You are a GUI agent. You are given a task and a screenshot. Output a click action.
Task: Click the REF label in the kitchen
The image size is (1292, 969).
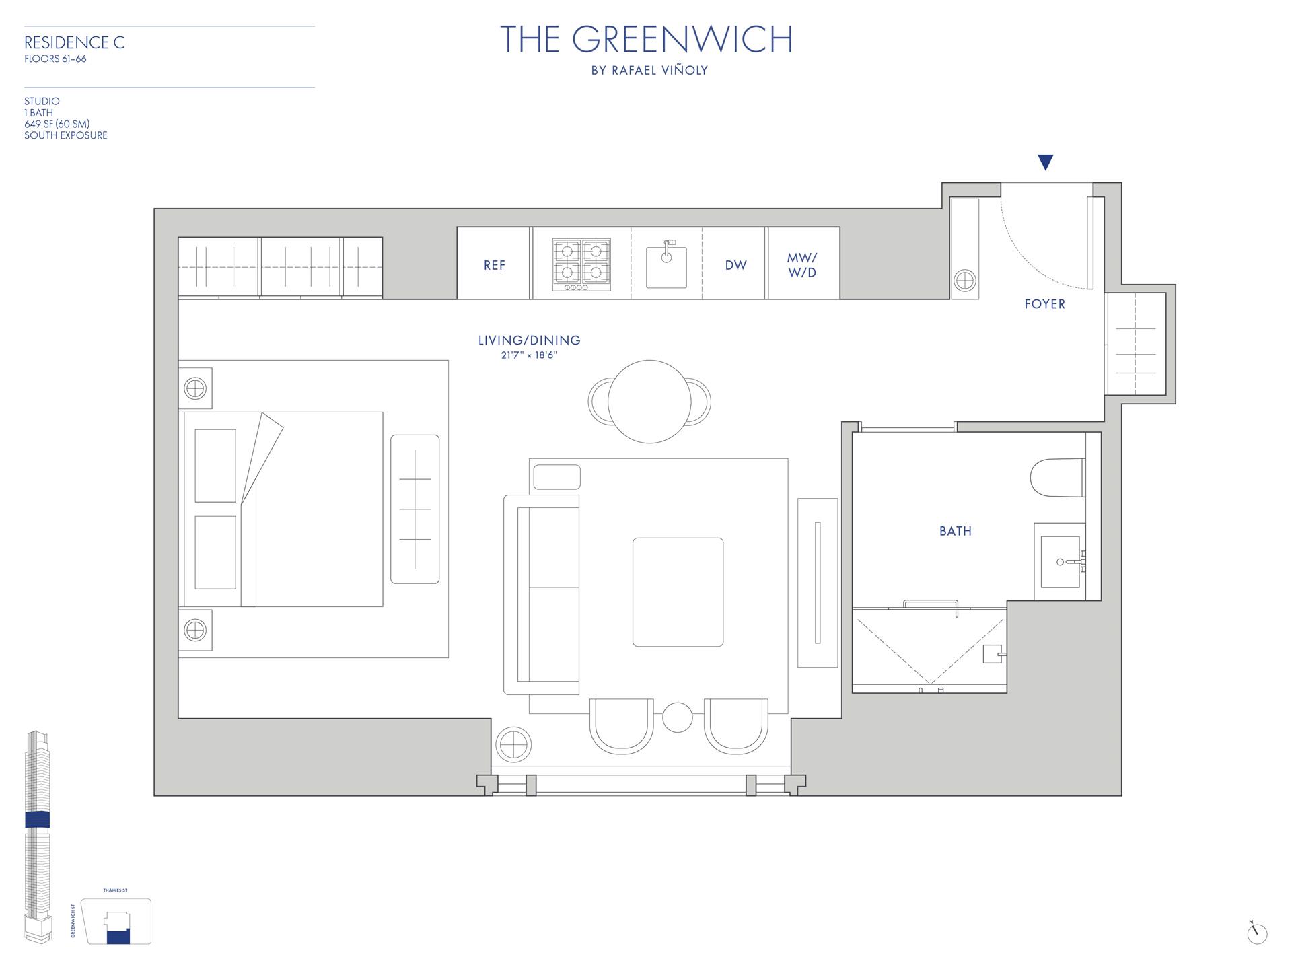[x=494, y=265]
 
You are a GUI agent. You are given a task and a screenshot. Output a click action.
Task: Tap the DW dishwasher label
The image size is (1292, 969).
[x=735, y=265]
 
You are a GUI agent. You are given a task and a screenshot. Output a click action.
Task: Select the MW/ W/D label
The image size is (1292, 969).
[x=802, y=265]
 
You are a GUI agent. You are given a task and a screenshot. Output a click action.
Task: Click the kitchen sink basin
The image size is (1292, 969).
[x=666, y=266]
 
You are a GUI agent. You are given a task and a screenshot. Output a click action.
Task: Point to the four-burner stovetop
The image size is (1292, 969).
[x=581, y=264]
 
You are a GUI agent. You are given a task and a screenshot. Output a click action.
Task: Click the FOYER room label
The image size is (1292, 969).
[x=1044, y=304]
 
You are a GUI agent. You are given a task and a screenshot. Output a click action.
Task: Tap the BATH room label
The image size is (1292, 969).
[x=955, y=531]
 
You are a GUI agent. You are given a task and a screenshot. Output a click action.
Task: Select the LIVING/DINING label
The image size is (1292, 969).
[x=529, y=340]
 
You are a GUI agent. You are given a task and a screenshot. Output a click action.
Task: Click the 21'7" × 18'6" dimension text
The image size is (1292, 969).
[x=529, y=355]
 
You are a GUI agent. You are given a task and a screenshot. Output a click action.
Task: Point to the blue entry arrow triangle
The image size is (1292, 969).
[x=1045, y=162]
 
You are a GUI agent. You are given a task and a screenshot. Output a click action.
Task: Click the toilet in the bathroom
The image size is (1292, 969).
[x=1057, y=478]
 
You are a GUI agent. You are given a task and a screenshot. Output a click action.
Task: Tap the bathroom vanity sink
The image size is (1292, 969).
[x=1061, y=561]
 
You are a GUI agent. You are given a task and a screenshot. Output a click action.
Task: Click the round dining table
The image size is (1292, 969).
[x=649, y=402]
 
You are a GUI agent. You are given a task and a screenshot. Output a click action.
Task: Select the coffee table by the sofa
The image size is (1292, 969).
[x=678, y=592]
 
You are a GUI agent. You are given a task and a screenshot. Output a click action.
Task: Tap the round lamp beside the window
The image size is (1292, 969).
[x=513, y=745]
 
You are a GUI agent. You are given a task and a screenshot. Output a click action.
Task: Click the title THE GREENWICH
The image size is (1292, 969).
[x=646, y=40]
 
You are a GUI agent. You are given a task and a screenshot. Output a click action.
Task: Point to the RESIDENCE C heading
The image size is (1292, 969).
[x=74, y=43]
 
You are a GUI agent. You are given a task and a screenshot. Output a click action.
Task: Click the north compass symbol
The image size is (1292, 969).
[x=1256, y=933]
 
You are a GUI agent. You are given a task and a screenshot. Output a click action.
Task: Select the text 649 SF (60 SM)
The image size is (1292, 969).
[x=57, y=124]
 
